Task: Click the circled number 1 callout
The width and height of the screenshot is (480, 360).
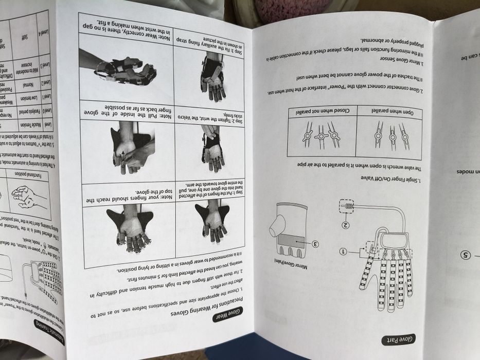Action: click(x=344, y=251)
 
